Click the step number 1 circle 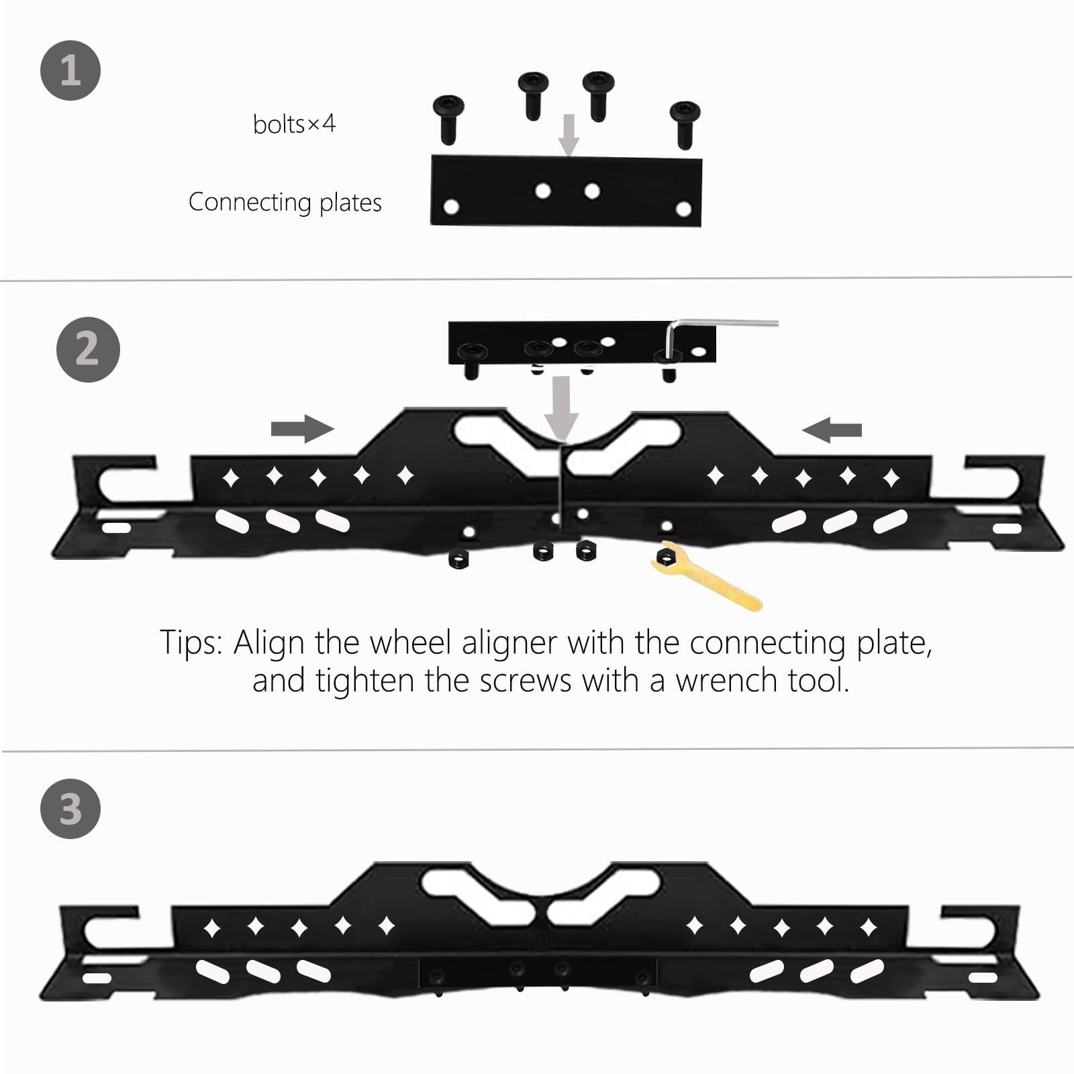[x=70, y=70]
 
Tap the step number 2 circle [x=88, y=350]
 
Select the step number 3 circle [x=70, y=809]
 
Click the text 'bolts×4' [x=294, y=124]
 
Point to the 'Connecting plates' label [x=285, y=202]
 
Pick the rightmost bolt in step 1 [x=685, y=124]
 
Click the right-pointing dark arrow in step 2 [x=302, y=428]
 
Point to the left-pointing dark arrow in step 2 [x=832, y=430]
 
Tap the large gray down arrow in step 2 [x=561, y=407]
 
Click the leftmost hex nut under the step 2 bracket [x=458, y=558]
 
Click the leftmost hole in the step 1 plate [x=452, y=207]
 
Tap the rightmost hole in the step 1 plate [x=683, y=209]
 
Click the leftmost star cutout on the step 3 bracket [x=212, y=929]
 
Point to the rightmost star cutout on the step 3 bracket [x=869, y=928]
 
